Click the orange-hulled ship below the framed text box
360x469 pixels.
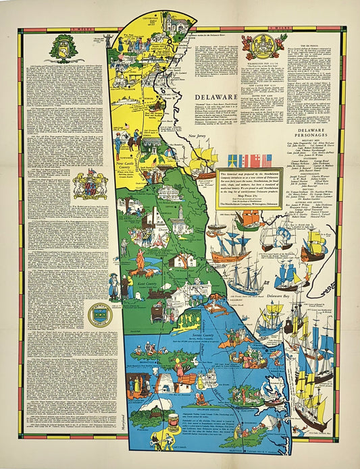pyautogui.click(x=230, y=250)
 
